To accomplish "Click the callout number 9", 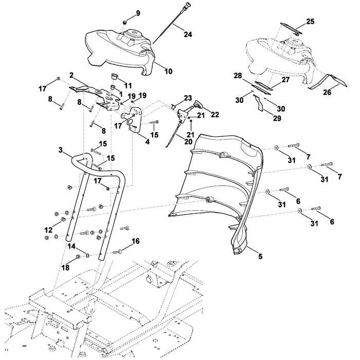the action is coord(138,13).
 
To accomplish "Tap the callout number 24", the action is coord(188,34).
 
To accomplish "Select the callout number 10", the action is coord(168,71).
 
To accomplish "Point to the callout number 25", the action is coord(310,22).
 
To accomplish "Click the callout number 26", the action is coord(328,92).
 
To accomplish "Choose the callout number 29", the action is coord(277,118).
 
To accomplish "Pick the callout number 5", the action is coord(260,256).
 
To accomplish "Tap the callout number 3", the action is coord(60,150).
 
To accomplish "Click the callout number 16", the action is coord(135,241).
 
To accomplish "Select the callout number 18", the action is coord(65,267).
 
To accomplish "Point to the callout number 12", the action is coord(48,230).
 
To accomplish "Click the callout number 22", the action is coord(214,114).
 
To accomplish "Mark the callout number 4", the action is coord(148,141).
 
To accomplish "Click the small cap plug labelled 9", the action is coord(124,23).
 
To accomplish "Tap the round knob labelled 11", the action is coord(114,76).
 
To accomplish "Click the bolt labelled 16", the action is coord(118,252).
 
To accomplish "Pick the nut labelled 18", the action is coord(78,256).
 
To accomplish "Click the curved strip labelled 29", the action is coord(258,103).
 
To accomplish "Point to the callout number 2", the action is coord(71,75).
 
